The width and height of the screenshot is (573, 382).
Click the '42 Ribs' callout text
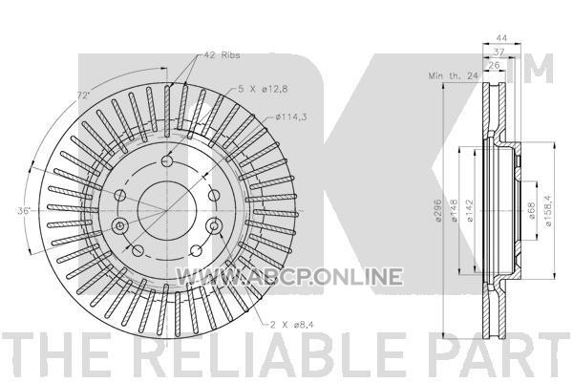222,55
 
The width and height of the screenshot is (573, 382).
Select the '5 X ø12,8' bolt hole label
264,89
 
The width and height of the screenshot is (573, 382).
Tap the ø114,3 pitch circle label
291,117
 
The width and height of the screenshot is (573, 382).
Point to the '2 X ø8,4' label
291,324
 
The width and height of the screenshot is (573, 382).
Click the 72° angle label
83,95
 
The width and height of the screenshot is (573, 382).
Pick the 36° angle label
24,210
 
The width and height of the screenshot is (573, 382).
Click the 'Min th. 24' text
453,75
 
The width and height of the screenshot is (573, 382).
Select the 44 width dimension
502,37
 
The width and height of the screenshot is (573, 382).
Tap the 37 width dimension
499,52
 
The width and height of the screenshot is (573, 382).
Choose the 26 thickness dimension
494,66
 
